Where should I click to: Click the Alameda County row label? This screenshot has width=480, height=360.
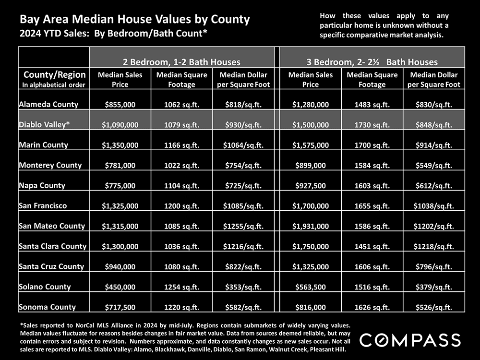[48, 104]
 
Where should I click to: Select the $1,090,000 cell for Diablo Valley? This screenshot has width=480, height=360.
[120, 125]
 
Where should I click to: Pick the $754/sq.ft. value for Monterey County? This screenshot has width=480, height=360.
[242, 166]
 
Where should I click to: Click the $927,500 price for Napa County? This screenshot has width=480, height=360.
[311, 186]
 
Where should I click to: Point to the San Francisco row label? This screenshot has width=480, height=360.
[43, 205]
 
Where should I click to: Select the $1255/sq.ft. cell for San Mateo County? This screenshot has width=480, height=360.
[242, 226]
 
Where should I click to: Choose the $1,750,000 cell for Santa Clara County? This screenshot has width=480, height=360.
[311, 246]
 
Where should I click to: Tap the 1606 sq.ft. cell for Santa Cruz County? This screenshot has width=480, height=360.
[372, 267]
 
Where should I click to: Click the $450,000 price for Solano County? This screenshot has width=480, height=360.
[120, 287]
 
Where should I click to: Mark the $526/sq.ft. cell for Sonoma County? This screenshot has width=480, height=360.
[433, 307]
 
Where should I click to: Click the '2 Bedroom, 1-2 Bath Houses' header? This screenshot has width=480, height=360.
[181, 62]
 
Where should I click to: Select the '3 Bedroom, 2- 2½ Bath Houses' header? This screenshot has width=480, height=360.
[372, 62]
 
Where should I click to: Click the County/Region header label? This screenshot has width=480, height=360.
[55, 75]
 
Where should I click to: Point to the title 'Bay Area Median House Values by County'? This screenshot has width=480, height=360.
[134, 20]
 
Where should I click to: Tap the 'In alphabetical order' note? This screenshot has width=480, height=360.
[54, 85]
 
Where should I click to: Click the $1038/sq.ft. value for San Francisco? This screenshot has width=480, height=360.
[433, 206]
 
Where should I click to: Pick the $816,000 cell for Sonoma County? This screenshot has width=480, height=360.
[311, 307]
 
